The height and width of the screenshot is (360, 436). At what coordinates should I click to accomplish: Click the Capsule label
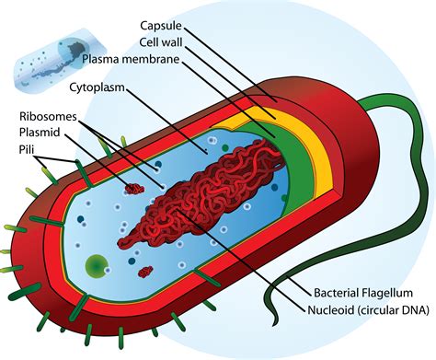tap(162, 24)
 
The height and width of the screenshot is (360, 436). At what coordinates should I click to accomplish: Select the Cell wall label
tap(160, 41)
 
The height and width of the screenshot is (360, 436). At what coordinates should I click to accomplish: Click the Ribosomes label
tap(46, 119)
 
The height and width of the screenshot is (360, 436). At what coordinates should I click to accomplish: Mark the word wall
tap(170, 41)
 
